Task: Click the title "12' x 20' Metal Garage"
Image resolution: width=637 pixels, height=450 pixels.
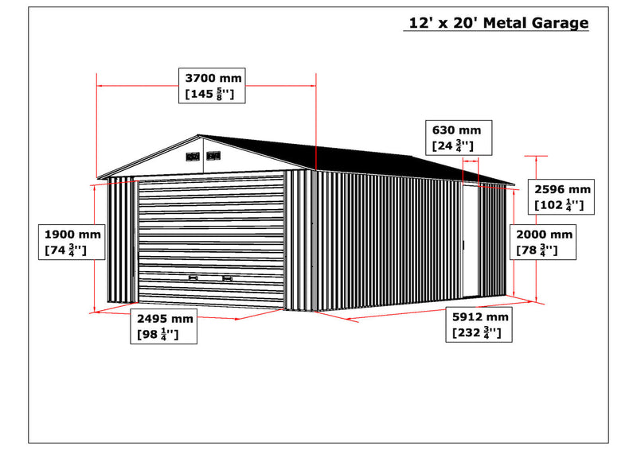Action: pos(498,23)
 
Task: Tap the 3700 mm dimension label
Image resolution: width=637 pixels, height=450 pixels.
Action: pos(212,86)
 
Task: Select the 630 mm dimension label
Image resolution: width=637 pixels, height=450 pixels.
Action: pos(459,138)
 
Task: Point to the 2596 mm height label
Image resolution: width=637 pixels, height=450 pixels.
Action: pos(561,197)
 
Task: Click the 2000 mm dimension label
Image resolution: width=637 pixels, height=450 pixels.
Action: pos(543,242)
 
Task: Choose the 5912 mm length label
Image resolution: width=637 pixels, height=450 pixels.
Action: pos(479,324)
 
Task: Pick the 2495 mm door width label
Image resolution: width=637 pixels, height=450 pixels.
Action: pos(164,326)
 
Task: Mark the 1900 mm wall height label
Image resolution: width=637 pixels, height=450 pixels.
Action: pos(72,242)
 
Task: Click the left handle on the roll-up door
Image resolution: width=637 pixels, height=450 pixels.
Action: pos(193,277)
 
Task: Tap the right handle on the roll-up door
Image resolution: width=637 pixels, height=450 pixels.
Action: pos(228,278)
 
